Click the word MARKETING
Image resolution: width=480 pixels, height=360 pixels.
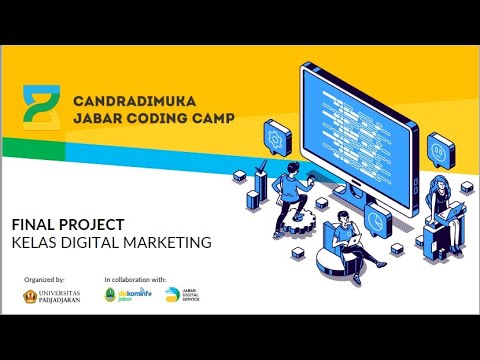tap(169, 241)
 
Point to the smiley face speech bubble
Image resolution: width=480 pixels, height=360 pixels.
tap(440, 151)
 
